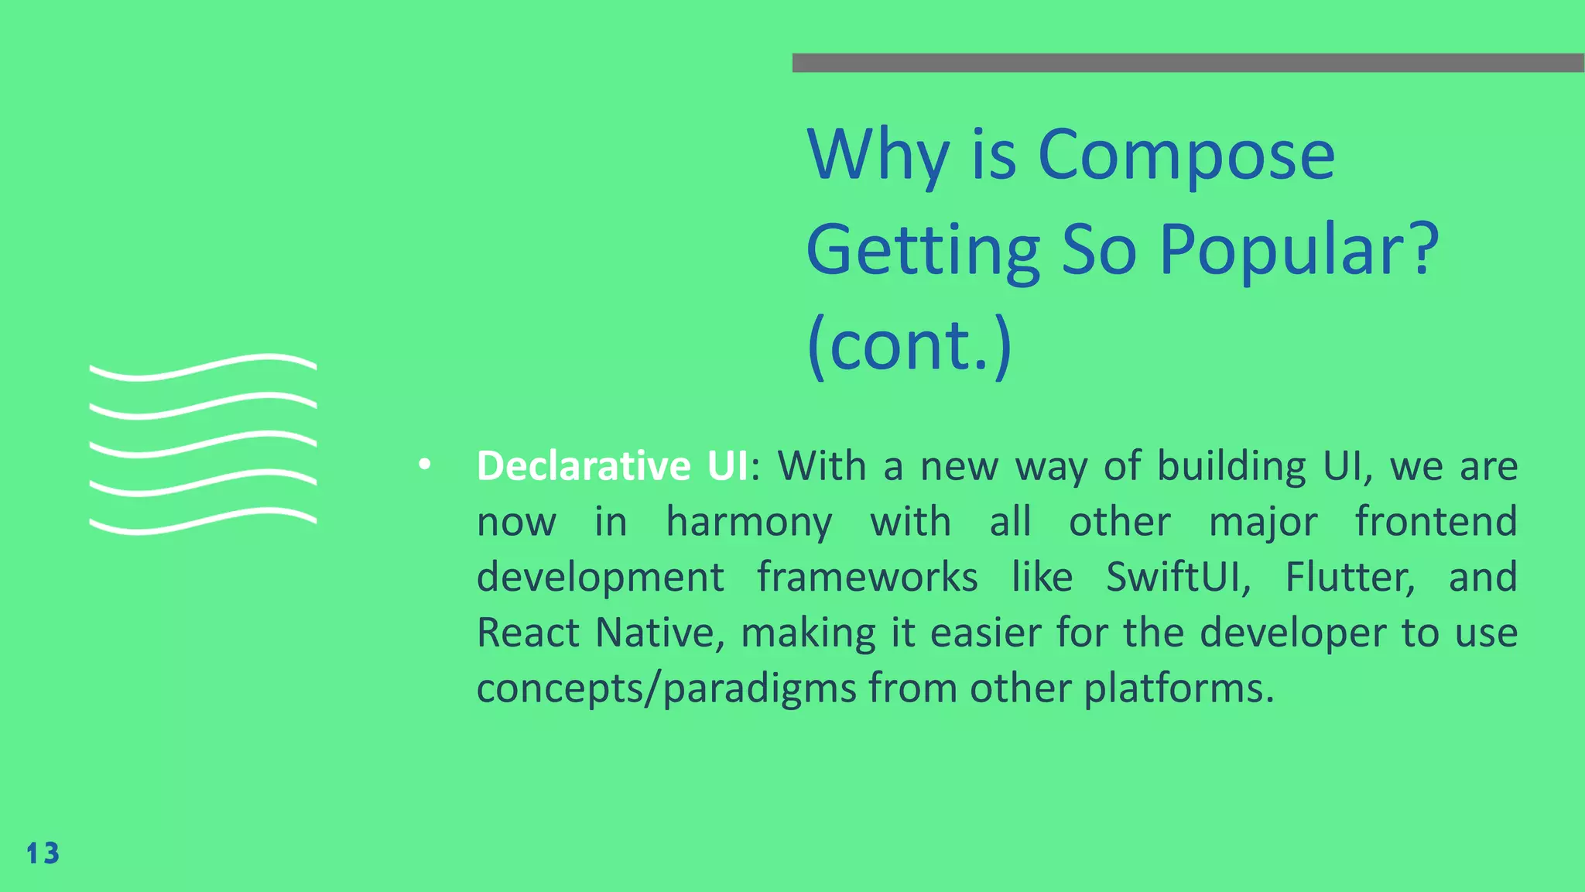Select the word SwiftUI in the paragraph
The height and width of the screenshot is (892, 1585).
pyautogui.click(x=1177, y=577)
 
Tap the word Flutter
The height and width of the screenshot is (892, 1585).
pyautogui.click(x=1350, y=577)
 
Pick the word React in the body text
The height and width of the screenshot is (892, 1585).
pyautogui.click(x=528, y=633)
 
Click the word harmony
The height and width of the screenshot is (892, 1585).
pyautogui.click(x=748, y=522)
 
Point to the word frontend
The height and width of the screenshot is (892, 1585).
pyautogui.click(x=1436, y=521)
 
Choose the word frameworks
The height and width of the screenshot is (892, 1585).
pyautogui.click(x=867, y=577)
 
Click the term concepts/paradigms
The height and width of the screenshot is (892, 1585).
pyautogui.click(x=666, y=688)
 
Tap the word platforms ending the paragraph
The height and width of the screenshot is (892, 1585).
pyautogui.click(x=1178, y=688)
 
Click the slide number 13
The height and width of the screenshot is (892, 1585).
pyautogui.click(x=43, y=853)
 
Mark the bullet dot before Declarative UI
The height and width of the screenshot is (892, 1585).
pyautogui.click(x=423, y=465)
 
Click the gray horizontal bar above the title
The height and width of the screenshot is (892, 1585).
pyautogui.click(x=1187, y=63)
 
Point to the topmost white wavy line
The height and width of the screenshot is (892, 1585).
pyautogui.click(x=203, y=367)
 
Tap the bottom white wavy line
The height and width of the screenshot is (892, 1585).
pyautogui.click(x=203, y=521)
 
